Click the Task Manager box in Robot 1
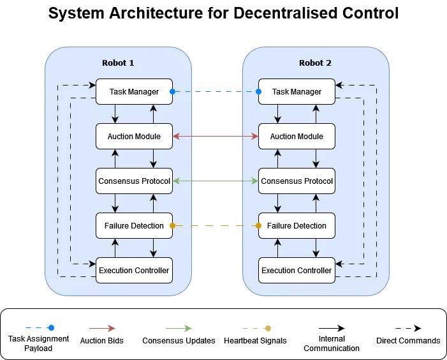point(134,92)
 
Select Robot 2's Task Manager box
point(297,92)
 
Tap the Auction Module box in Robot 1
point(134,137)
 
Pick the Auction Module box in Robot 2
point(297,137)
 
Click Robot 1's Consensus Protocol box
point(134,181)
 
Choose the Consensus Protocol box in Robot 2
point(297,181)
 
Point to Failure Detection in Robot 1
point(134,226)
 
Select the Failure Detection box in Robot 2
point(297,226)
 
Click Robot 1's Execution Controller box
point(134,271)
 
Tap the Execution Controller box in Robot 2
point(297,271)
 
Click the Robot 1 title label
point(118,63)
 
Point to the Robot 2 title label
point(315,63)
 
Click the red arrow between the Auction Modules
point(216,136)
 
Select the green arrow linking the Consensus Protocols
point(216,181)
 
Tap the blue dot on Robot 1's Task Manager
point(172,92)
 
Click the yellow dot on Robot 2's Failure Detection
point(259,226)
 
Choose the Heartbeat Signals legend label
point(255,341)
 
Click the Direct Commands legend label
point(408,341)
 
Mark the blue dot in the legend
point(51,328)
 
